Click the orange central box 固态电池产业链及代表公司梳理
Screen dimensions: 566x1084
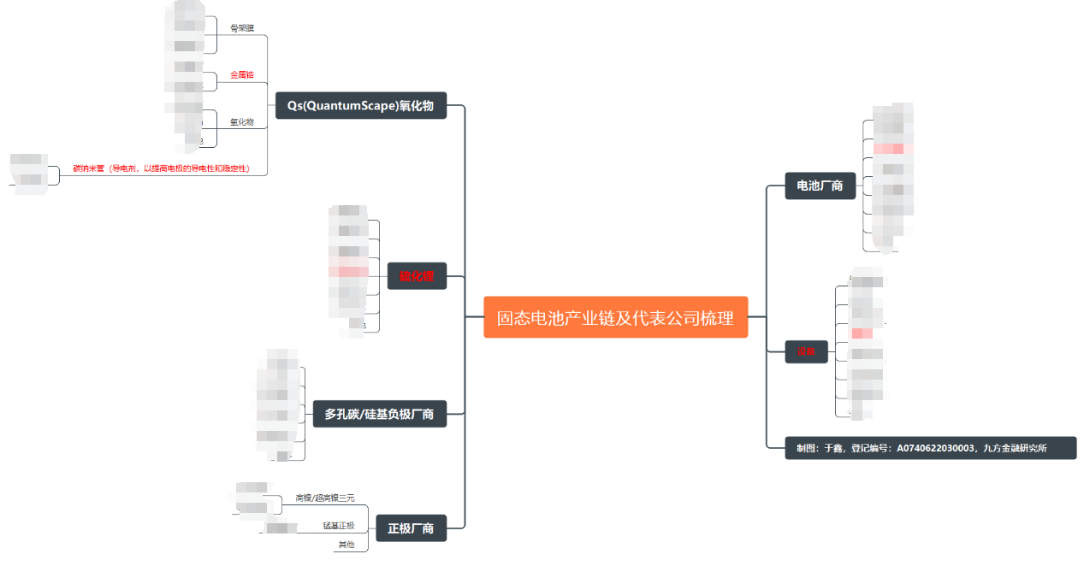coord(615,317)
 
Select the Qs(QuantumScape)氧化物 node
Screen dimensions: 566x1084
coord(360,106)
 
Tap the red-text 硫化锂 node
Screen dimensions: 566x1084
coord(417,276)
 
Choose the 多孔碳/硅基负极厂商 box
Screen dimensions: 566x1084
coord(379,414)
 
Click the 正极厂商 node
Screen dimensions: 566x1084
coord(411,528)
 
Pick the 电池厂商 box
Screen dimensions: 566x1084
coord(820,186)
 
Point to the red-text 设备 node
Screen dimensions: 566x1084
coord(806,351)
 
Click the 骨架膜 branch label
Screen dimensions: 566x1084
coord(241,28)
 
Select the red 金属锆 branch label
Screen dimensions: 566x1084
coord(241,75)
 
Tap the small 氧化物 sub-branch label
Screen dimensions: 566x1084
coord(241,122)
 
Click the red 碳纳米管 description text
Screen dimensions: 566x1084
coord(161,169)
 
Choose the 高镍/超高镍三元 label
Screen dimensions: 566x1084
coord(324,498)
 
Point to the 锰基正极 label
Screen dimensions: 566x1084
coord(338,525)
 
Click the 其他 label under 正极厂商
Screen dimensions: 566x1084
coord(346,545)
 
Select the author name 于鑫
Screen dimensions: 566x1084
coord(832,447)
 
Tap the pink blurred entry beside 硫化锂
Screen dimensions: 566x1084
coord(348,271)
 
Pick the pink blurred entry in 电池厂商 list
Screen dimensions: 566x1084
coord(892,149)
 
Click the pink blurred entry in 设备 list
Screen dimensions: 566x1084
coord(862,333)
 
